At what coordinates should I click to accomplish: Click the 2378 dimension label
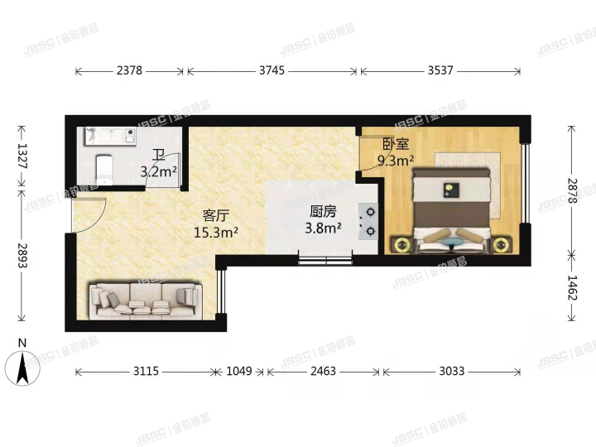click(132, 71)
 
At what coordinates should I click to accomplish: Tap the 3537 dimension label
click(440, 71)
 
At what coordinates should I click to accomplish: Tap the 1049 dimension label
click(239, 372)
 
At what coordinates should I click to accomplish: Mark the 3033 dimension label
click(451, 372)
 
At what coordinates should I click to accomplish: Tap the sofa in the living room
click(146, 300)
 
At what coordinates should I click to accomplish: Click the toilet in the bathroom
click(103, 170)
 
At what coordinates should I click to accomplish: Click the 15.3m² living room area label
click(216, 233)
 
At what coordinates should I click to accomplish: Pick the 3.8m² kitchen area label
click(321, 228)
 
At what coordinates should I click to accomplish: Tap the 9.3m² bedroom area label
click(396, 161)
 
